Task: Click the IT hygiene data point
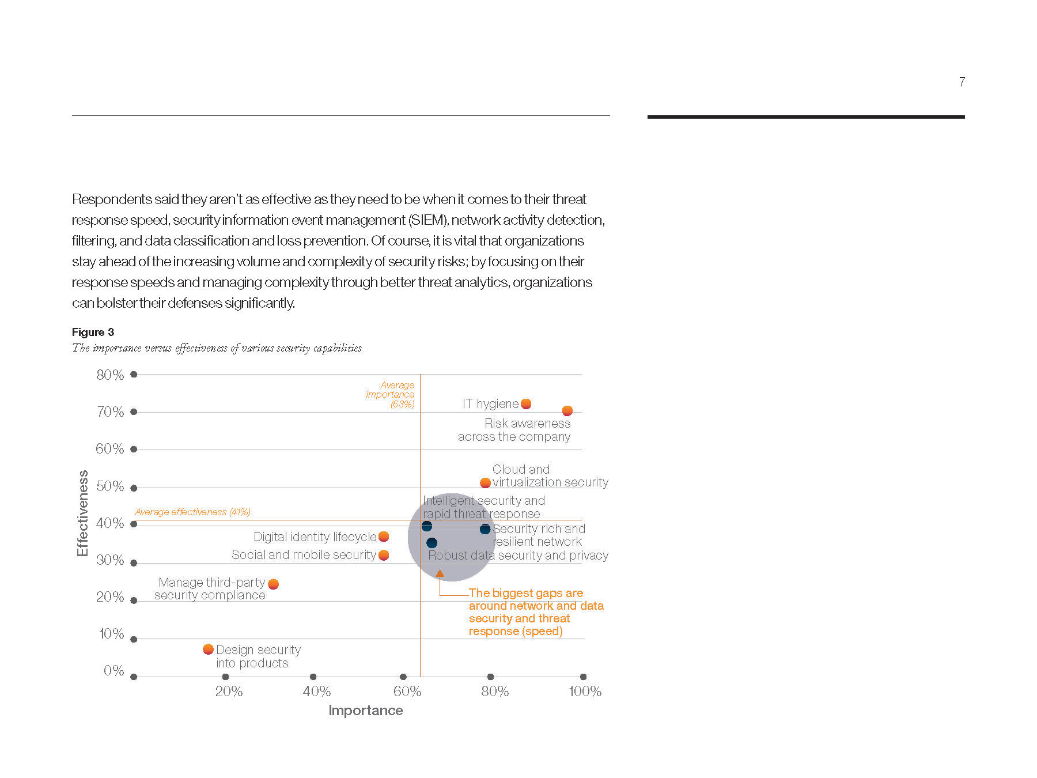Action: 526,404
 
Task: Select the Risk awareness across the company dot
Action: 567,411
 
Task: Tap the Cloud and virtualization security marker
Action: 485,483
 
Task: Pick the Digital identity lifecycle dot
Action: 384,537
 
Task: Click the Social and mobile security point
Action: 384,555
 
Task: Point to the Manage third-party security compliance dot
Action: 274,584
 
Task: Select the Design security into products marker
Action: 209,649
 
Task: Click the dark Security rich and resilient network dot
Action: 485,529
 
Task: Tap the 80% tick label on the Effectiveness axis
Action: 110,375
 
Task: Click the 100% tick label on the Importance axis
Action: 585,692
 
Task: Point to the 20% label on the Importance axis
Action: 229,692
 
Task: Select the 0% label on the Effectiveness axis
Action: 114,671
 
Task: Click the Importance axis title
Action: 366,711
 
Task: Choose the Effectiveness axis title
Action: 83,513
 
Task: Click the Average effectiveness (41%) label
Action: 192,512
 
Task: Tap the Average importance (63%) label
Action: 391,395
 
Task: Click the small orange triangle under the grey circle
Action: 440,573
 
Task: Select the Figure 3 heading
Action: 93,332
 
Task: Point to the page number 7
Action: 962,82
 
